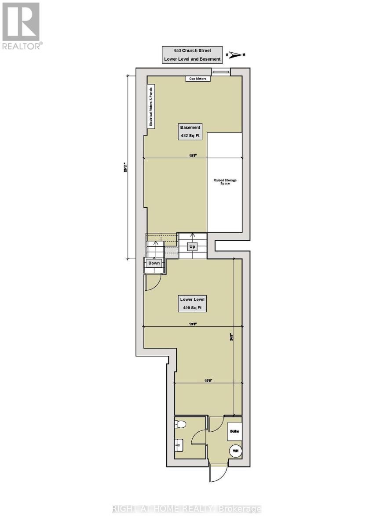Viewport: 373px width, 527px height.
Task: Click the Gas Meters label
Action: (x=197, y=79)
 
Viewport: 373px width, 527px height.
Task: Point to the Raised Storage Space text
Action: (x=224, y=181)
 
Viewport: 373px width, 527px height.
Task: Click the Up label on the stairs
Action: (x=192, y=247)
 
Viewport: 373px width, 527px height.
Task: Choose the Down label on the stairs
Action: (x=154, y=263)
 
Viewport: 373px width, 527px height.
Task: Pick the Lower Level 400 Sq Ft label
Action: (x=193, y=303)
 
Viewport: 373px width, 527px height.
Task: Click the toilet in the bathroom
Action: (x=180, y=424)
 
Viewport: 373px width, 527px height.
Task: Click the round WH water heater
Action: (x=235, y=451)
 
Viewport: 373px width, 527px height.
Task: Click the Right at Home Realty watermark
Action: (x=187, y=509)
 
